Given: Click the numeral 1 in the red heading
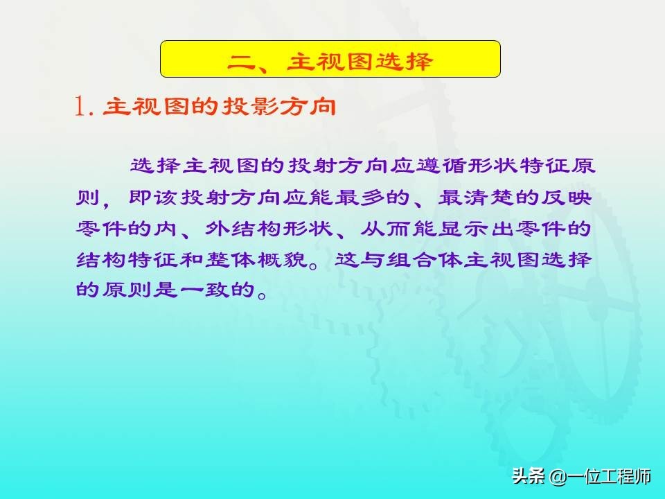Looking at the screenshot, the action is [x=79, y=106].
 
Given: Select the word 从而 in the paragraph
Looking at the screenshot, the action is [x=385, y=229].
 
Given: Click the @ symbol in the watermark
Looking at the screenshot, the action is [x=556, y=477].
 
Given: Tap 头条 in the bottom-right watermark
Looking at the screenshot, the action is [x=529, y=476].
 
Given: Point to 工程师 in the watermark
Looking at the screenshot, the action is [x=626, y=476].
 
